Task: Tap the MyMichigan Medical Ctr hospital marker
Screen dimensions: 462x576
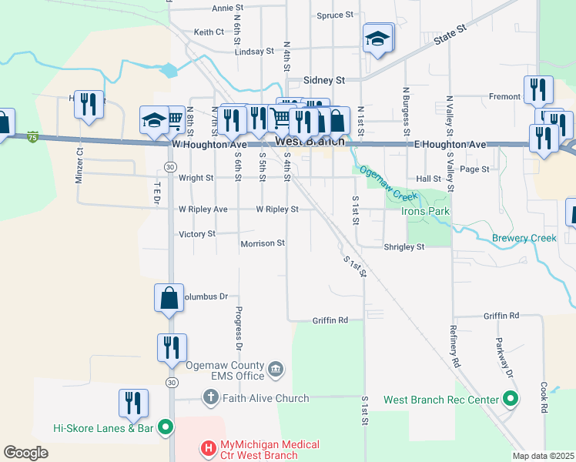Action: [x=207, y=447]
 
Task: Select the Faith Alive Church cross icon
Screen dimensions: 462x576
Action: [x=210, y=398]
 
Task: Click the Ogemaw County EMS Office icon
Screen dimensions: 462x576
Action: [x=276, y=371]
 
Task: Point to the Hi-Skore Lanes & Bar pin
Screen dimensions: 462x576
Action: [x=165, y=427]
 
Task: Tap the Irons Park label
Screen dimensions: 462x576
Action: [x=429, y=211]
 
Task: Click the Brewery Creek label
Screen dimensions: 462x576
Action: [x=524, y=238]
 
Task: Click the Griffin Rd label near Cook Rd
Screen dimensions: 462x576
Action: [x=501, y=316]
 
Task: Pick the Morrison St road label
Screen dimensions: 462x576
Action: [x=263, y=243]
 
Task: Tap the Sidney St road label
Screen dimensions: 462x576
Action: [x=324, y=79]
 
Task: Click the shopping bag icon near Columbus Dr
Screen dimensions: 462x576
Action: [x=169, y=298]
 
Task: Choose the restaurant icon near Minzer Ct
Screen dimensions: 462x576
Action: [x=89, y=105]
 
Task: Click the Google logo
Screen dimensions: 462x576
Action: [x=25, y=453]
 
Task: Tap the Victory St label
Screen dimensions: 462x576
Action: [x=196, y=233]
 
